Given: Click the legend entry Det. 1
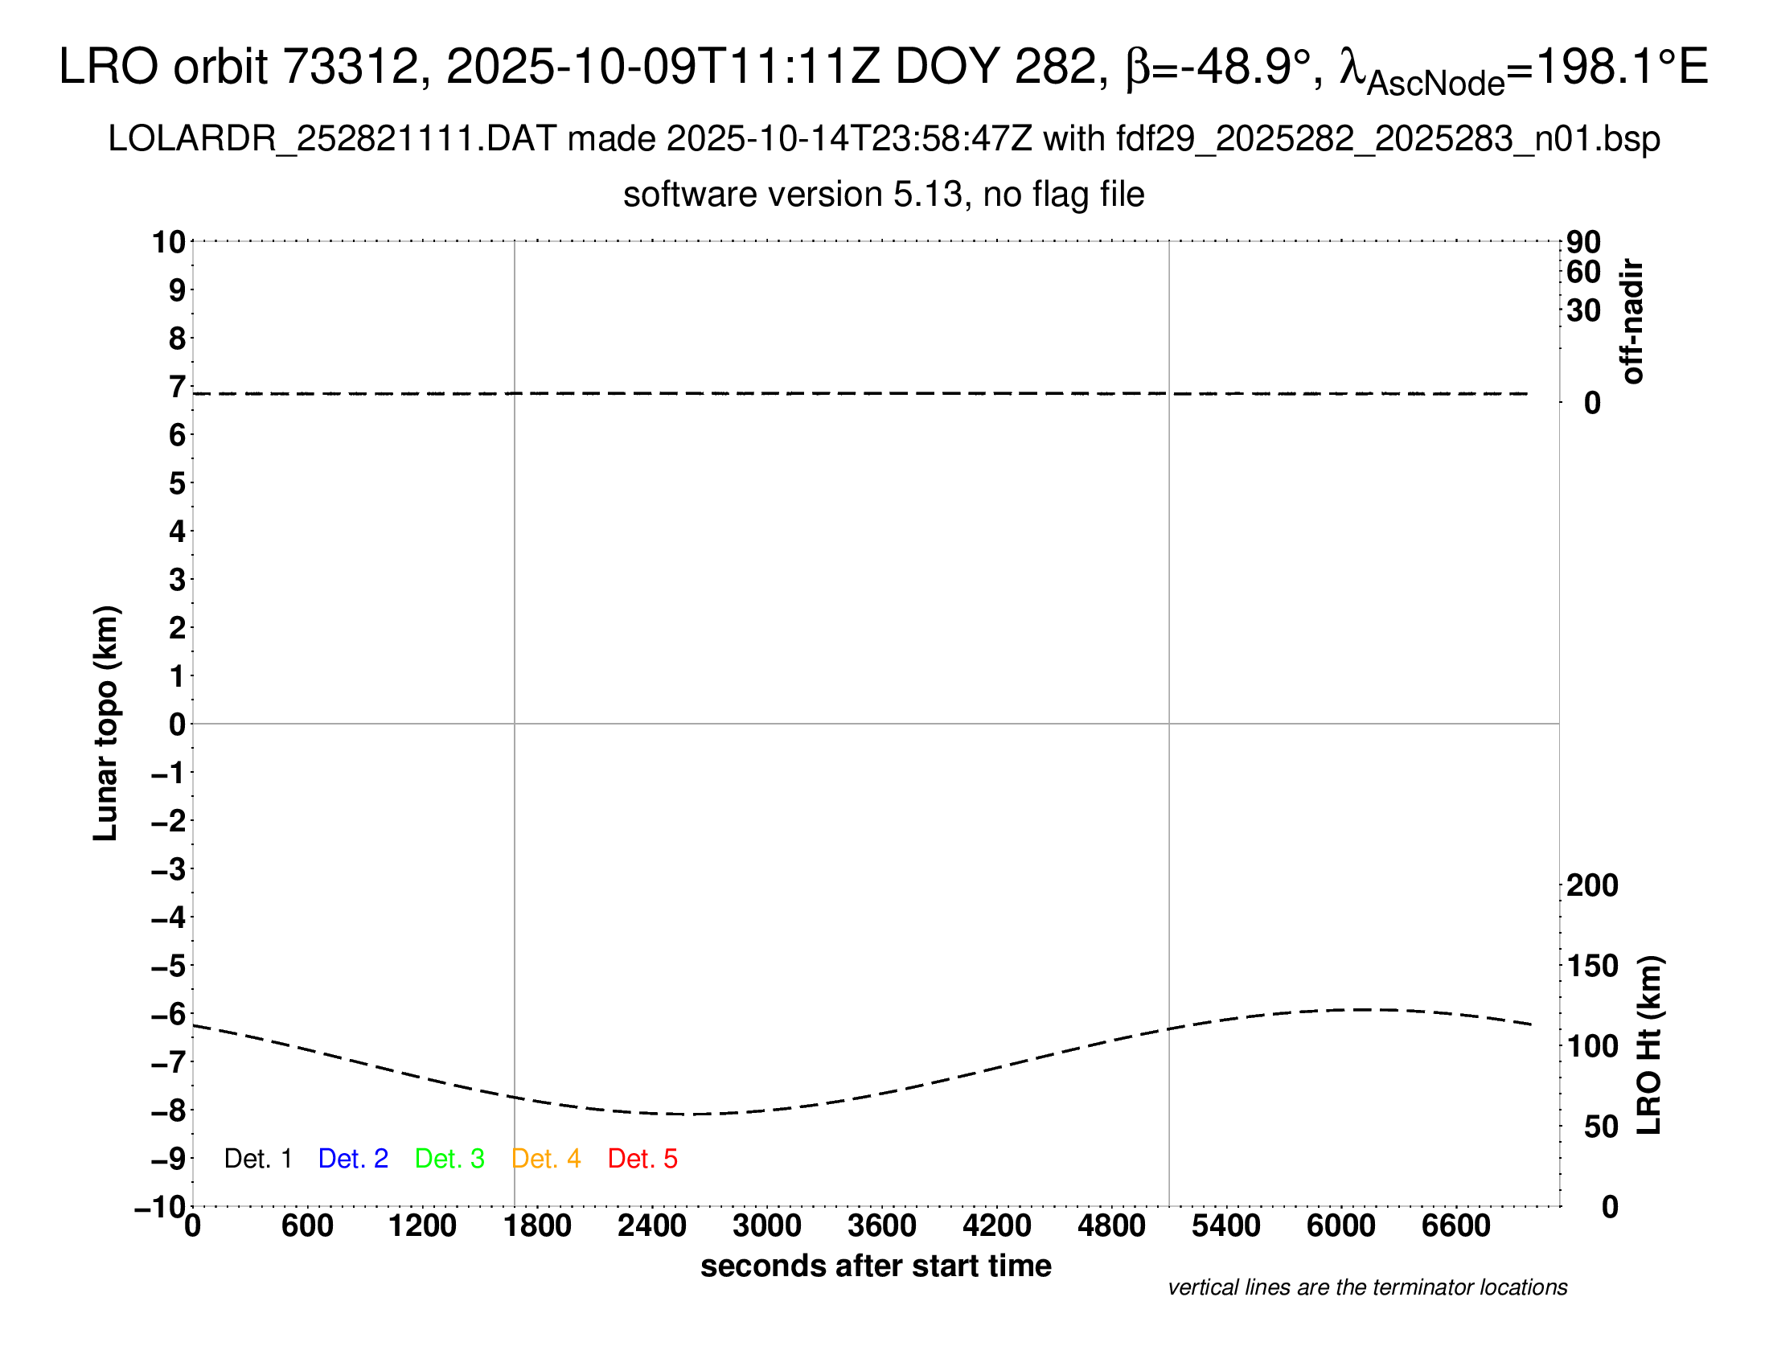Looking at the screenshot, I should click(257, 1159).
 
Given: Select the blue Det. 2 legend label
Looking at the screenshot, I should click(353, 1159).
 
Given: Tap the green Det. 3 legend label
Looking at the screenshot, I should click(449, 1159).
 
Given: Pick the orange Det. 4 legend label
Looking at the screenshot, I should click(546, 1159).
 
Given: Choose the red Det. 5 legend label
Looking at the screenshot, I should click(642, 1159).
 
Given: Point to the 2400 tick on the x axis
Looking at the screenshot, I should click(652, 1226).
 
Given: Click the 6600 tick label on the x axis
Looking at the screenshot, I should click(1455, 1226).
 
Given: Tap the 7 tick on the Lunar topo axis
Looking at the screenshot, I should click(177, 387).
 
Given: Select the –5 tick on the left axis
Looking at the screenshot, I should click(169, 966).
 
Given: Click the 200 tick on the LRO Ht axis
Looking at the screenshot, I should click(1592, 885).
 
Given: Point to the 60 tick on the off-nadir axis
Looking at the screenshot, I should click(1583, 272).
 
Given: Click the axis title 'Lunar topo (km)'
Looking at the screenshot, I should click(106, 723).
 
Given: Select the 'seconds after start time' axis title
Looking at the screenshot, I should click(876, 1266).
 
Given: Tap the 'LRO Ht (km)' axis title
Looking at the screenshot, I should click(1649, 1045).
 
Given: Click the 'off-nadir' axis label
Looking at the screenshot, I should click(1632, 321).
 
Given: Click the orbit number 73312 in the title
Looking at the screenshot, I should click(348, 67).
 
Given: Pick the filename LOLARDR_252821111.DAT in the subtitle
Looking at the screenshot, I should click(332, 139).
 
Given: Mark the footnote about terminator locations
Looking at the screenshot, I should click(1367, 1287).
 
